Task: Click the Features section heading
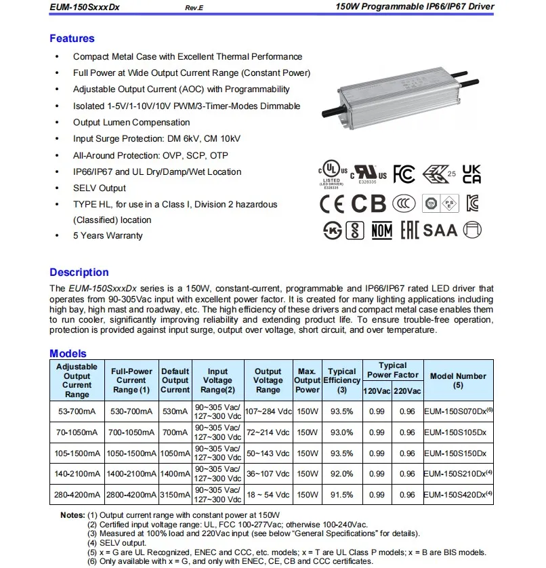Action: coord(72,39)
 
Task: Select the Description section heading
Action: coord(79,272)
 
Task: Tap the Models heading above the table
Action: coord(68,353)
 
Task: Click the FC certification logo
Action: coord(404,174)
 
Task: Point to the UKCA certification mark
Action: coord(471,174)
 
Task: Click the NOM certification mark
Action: coord(382,230)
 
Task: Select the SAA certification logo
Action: coord(440,230)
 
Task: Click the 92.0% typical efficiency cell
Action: coord(341,474)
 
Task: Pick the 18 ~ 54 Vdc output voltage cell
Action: coord(268,495)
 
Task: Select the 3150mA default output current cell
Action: coord(175,495)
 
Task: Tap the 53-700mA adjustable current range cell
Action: coord(77,411)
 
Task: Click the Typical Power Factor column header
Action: coord(393,370)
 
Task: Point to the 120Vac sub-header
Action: coord(378,392)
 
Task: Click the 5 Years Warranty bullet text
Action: coord(108,236)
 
